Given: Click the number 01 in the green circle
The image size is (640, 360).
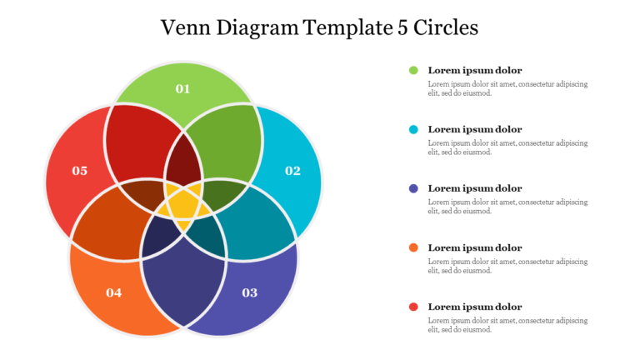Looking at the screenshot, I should point(182,88).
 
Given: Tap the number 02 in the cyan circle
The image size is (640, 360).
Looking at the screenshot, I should point(292,171).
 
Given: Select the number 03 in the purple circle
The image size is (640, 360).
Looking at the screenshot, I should point(250,292).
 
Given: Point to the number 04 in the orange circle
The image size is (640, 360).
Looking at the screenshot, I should point(114,292).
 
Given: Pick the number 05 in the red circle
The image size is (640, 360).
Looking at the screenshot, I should point(80,171).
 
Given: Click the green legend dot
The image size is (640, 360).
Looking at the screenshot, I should point(413,70).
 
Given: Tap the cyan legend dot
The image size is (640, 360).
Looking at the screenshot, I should point(413,129).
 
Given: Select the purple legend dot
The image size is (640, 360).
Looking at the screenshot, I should point(413,188).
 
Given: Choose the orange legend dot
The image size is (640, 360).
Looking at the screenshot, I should point(413,247).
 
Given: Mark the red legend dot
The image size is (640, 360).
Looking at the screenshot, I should point(413,307).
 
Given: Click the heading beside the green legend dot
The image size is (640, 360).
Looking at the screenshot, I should point(475,70).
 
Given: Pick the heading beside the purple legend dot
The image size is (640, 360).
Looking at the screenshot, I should point(475,188).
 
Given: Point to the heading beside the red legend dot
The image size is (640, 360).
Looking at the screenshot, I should point(475,307).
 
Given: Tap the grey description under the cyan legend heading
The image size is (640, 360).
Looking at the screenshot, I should point(507,147).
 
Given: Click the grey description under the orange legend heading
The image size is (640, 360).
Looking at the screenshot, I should point(507,266).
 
